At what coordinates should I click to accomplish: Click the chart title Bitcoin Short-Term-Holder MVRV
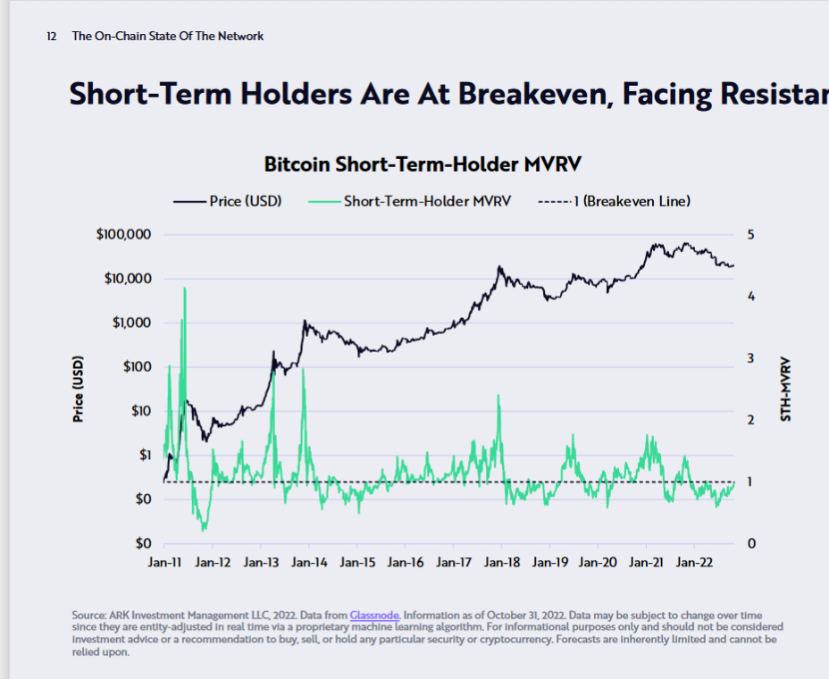(x=423, y=165)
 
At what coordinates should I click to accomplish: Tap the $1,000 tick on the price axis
(x=131, y=323)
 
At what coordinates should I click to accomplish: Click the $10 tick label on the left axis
(x=139, y=411)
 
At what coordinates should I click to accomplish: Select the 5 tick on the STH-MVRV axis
(x=750, y=234)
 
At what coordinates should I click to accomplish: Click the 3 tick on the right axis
(x=750, y=358)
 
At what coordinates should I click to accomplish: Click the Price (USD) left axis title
(x=79, y=390)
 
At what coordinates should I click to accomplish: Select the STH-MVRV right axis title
(x=786, y=390)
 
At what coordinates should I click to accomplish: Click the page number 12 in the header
(x=52, y=37)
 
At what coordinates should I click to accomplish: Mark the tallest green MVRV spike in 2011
(x=184, y=289)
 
